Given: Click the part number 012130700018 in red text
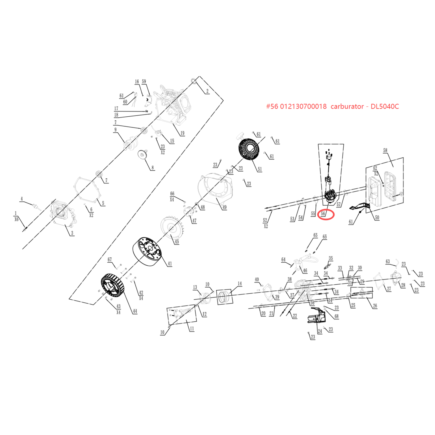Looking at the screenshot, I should coord(303,106).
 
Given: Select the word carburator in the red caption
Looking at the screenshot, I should coord(347,106).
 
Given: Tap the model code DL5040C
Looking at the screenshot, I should coord(385,106).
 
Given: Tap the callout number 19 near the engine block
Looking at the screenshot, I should coord(182,133).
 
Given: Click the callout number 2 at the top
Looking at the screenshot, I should coord(207,91).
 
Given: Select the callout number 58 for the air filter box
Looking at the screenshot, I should coord(385,150).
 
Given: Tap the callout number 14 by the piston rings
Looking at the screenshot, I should coord(240,284).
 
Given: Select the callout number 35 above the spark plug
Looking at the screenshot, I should coord(331,258).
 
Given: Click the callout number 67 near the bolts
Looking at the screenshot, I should coord(110,259).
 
